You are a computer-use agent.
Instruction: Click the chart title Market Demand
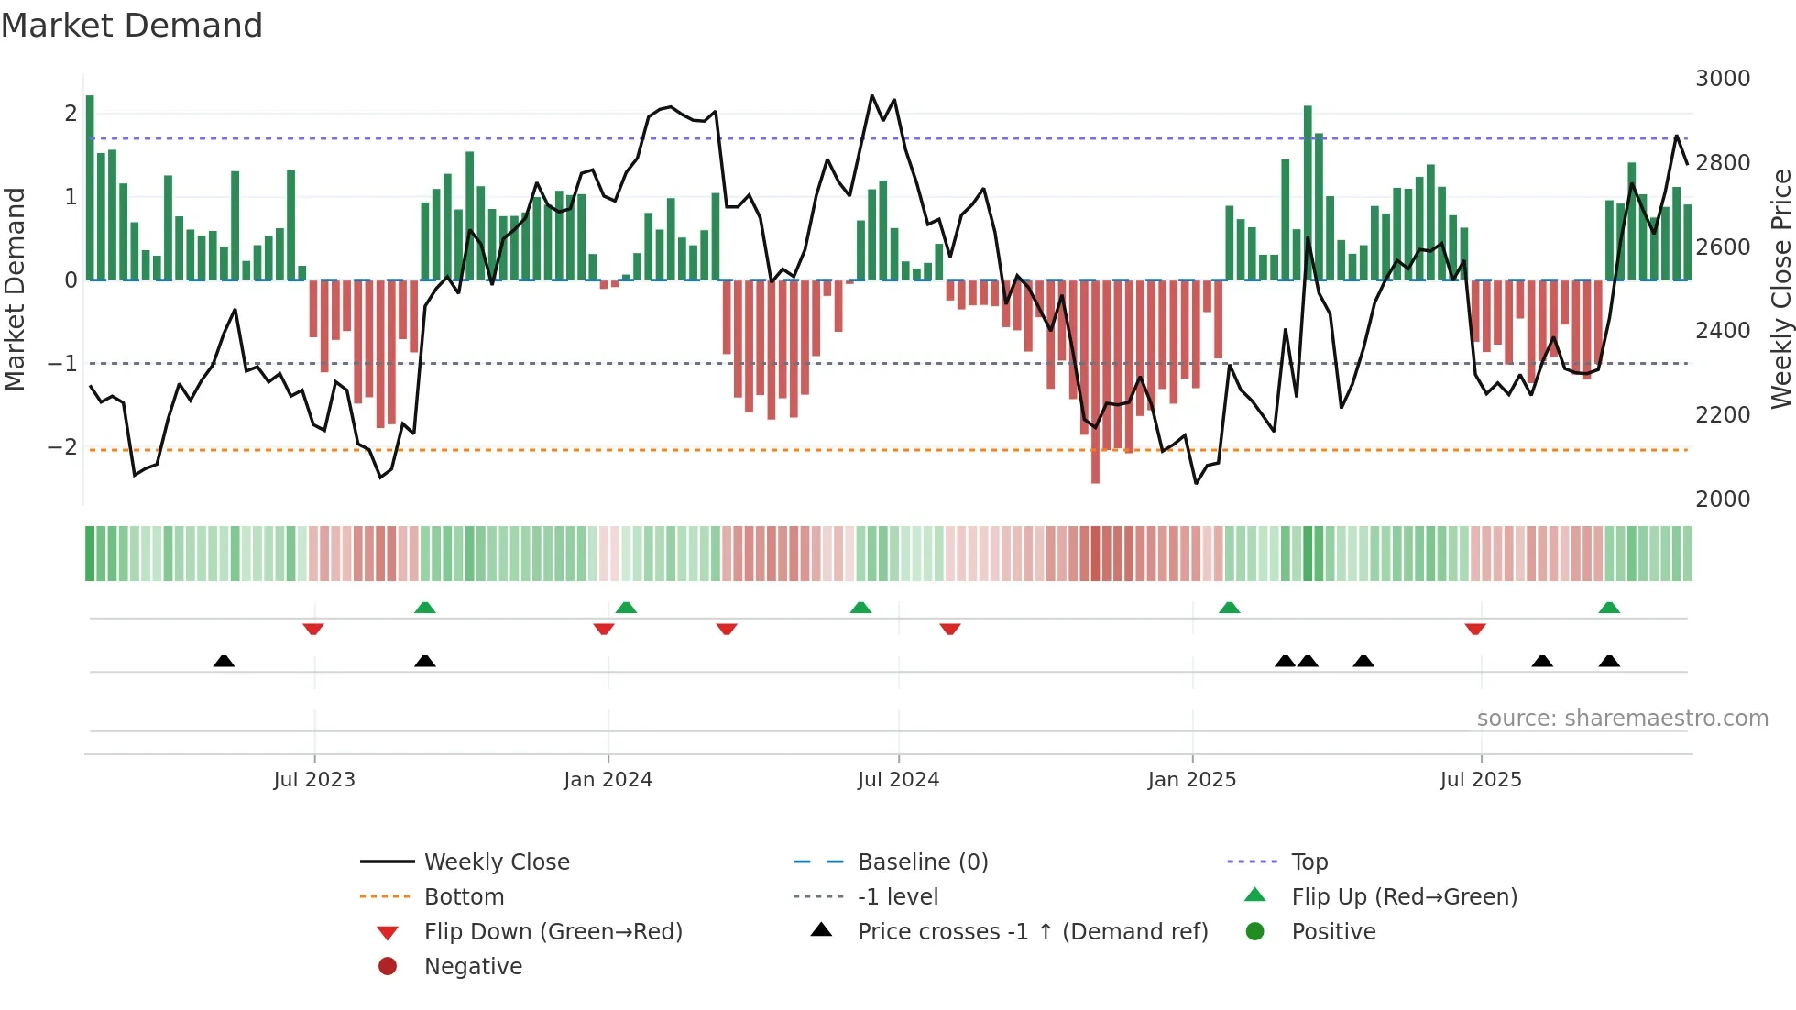[x=132, y=26]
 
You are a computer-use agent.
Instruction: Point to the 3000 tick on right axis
[x=1722, y=79]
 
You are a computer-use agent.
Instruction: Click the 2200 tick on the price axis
[x=1722, y=415]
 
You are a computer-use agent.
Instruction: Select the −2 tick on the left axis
[x=63, y=447]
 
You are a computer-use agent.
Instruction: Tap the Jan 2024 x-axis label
[x=608, y=780]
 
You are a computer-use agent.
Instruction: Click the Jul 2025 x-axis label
[x=1480, y=780]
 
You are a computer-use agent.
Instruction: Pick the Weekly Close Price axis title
[x=1780, y=289]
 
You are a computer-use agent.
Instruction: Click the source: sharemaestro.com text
[x=1622, y=719]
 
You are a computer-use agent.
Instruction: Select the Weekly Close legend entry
[x=496, y=862]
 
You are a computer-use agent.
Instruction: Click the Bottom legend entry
[x=464, y=897]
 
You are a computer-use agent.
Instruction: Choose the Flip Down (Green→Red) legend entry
[x=553, y=932]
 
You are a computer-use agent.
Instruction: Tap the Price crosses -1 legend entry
[x=1033, y=932]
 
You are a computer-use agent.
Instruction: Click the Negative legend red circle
[x=388, y=967]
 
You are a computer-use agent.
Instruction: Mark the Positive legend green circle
[x=1255, y=932]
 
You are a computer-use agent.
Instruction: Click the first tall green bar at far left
[x=90, y=188]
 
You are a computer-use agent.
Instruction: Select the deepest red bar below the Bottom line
[x=1095, y=380]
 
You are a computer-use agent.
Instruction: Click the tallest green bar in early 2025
[x=1308, y=192]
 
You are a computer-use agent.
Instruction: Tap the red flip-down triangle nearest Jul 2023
[x=313, y=630]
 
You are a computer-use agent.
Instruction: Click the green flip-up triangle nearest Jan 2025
[x=1230, y=608]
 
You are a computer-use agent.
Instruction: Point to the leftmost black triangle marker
[x=224, y=661]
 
